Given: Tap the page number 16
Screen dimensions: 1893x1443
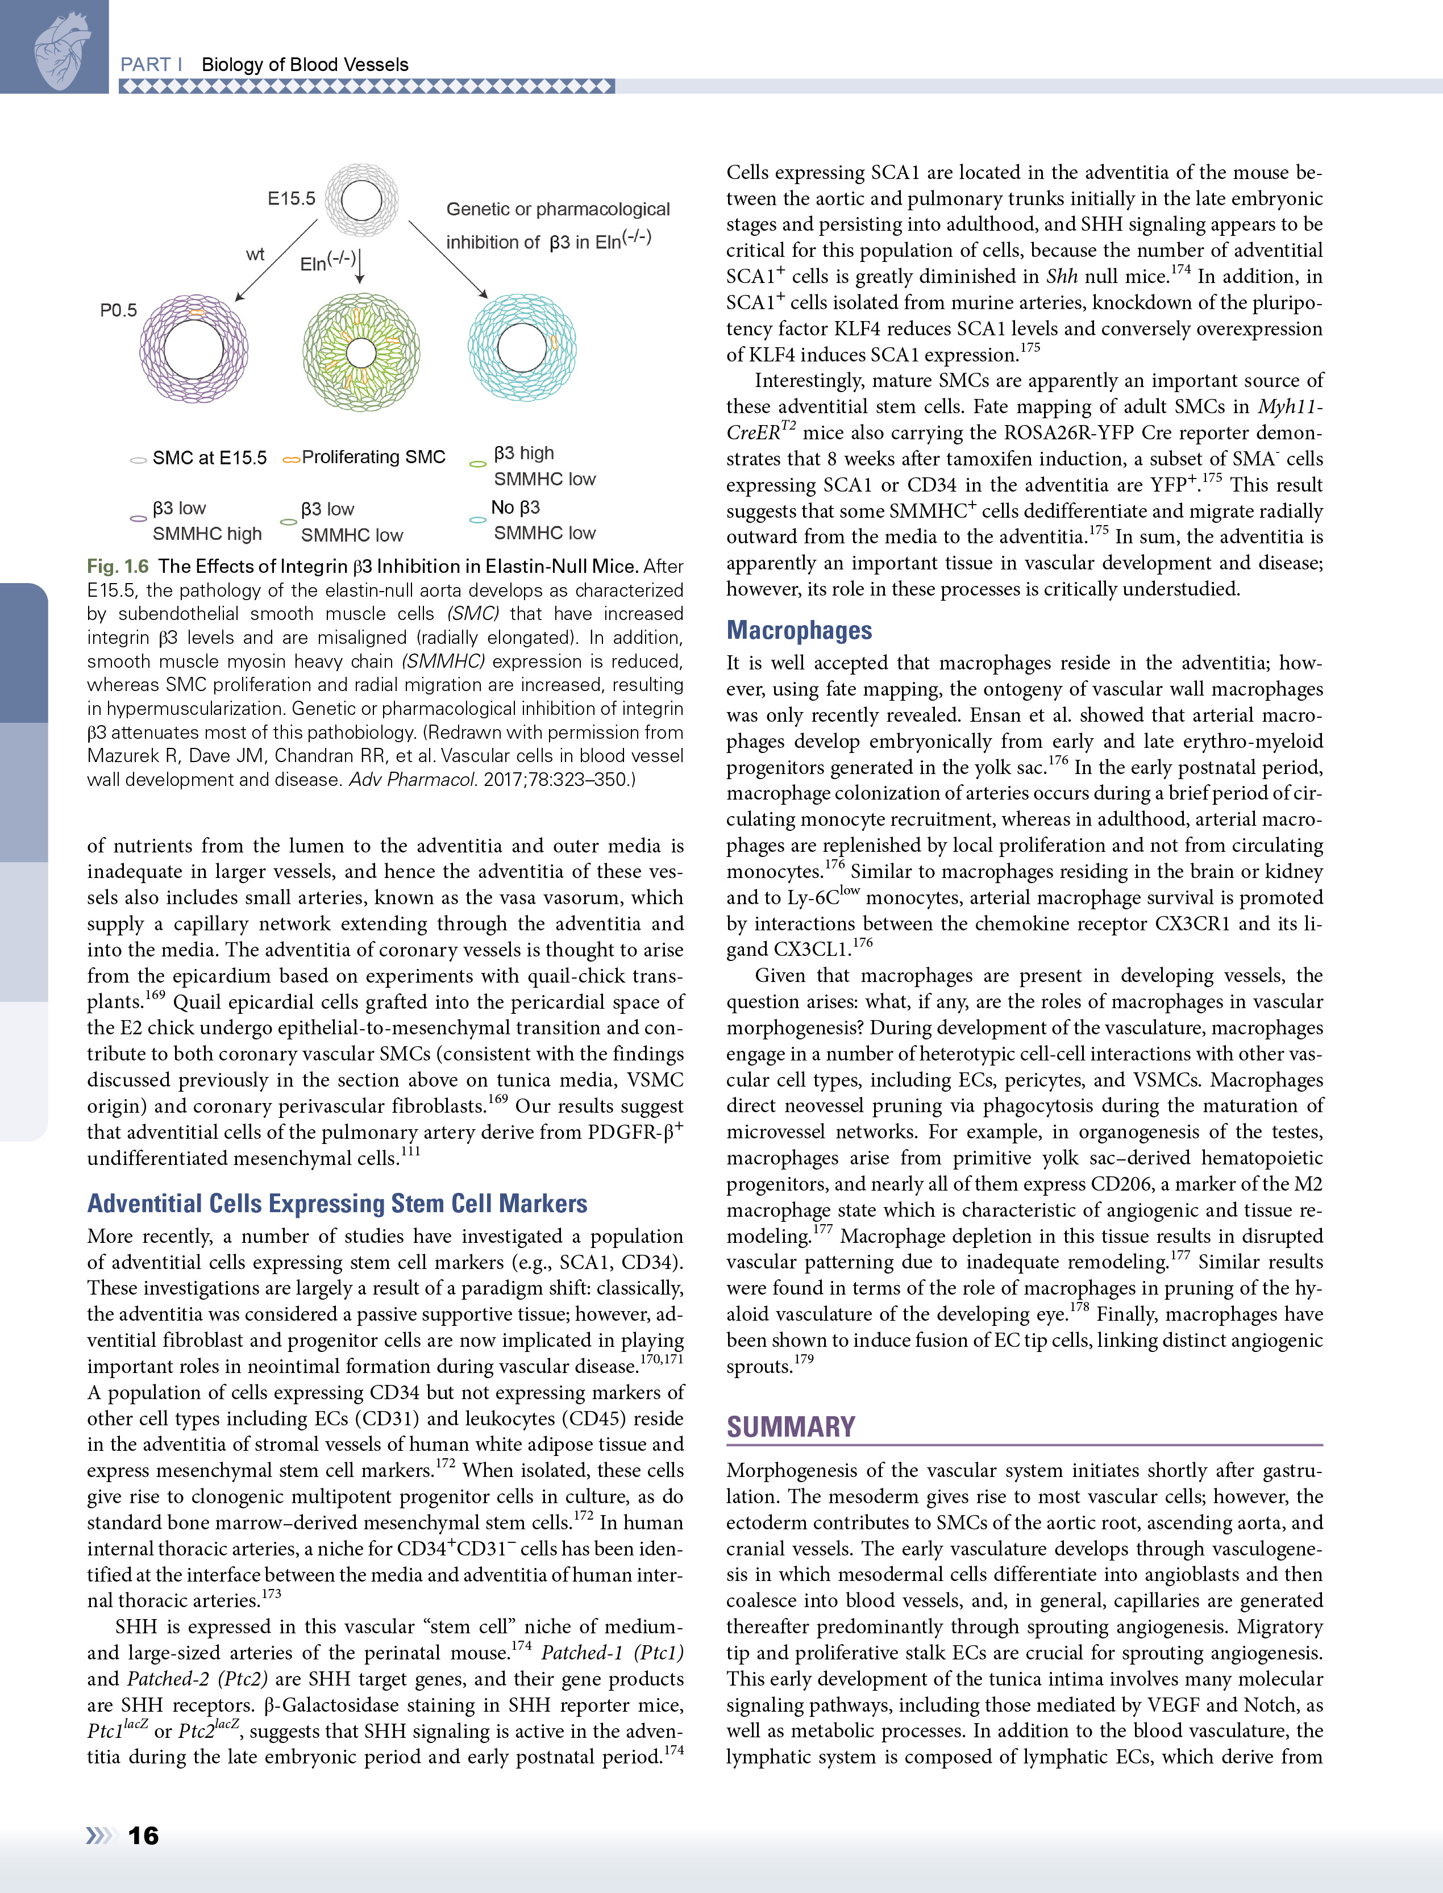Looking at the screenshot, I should click(143, 1836).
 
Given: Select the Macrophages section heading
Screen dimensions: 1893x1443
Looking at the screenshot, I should click(799, 630).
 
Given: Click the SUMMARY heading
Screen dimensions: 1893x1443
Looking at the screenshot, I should click(790, 1426).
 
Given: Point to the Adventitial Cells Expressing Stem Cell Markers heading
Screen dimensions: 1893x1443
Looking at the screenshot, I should click(336, 1203).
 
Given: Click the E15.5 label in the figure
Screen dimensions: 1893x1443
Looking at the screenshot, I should click(291, 198).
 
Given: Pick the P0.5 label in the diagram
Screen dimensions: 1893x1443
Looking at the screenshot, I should click(119, 310).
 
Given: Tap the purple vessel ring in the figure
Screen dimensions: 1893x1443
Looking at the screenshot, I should click(194, 349).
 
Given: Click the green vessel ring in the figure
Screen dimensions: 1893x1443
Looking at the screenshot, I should click(361, 352).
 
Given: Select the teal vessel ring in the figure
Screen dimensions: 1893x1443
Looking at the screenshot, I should click(521, 347).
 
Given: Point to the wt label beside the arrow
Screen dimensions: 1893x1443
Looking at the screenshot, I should click(255, 254).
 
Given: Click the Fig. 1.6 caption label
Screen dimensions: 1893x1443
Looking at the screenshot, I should click(118, 566).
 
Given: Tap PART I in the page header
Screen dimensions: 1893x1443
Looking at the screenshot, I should click(151, 64).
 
